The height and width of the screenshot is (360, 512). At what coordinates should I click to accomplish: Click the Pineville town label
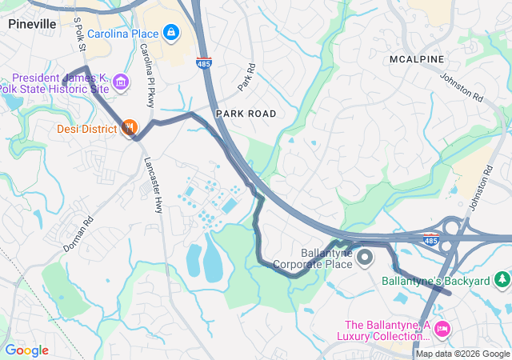32,24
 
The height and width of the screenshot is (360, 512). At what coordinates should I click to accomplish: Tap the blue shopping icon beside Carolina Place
170,33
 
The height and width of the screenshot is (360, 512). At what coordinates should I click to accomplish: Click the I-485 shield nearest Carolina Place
205,62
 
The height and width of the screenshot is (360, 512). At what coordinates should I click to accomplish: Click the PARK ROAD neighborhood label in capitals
246,114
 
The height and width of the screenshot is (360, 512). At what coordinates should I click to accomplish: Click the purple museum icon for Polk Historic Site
121,82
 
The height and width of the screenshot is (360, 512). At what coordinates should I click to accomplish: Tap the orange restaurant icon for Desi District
130,128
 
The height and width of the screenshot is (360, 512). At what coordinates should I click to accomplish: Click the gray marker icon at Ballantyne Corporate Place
365,257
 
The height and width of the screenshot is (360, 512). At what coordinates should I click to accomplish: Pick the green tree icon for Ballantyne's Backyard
502,280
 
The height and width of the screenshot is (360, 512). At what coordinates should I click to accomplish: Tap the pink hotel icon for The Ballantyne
442,330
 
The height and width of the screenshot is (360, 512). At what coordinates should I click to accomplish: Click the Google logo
26,350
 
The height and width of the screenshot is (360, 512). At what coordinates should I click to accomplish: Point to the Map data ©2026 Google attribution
462,354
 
